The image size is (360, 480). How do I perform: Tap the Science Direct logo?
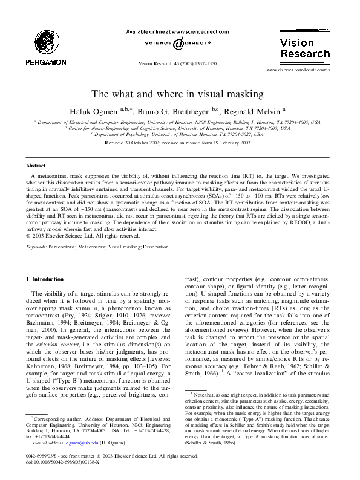180,44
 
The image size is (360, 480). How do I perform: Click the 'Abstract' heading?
35,164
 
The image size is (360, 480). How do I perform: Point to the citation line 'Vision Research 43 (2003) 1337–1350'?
180,62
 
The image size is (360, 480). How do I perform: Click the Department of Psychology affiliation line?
179,134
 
